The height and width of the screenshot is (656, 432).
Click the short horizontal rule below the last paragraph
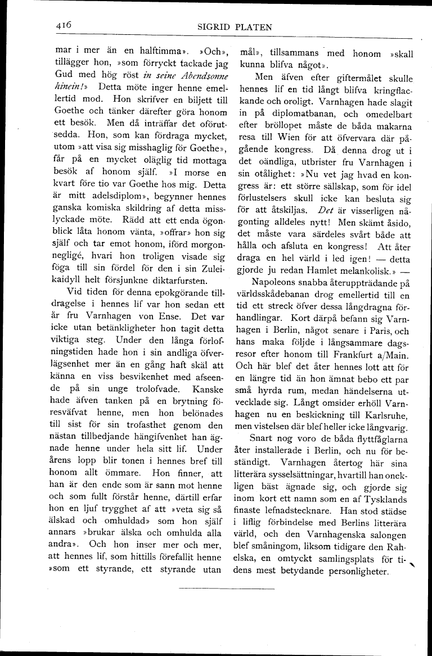point(226,589)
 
